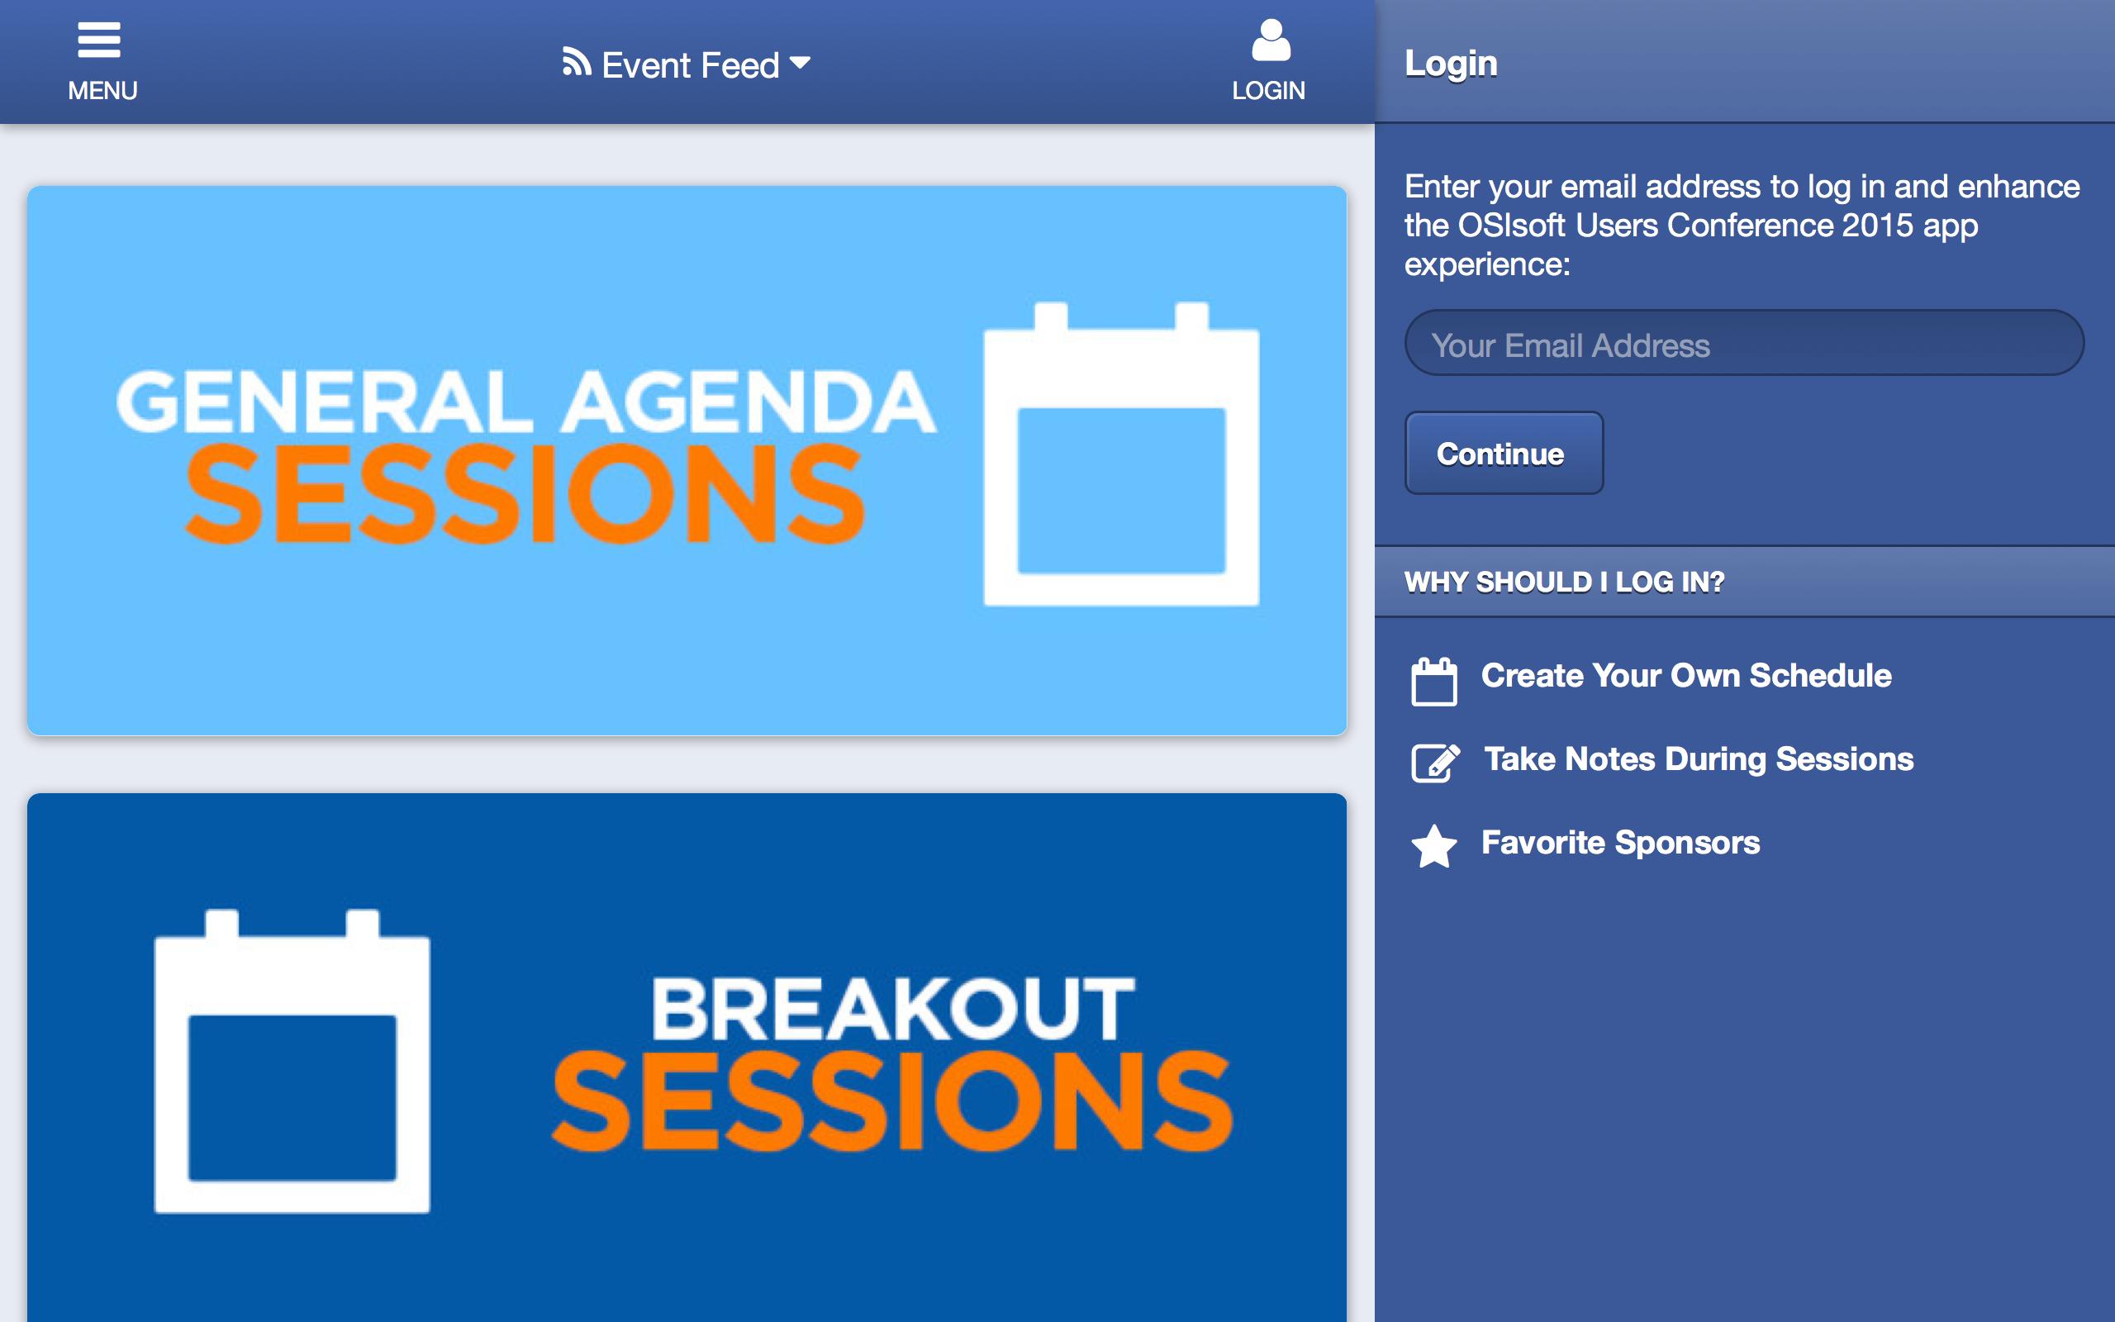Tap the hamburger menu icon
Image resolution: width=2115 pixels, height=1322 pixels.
click(x=99, y=40)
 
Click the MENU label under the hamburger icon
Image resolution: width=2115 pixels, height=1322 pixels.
click(x=102, y=91)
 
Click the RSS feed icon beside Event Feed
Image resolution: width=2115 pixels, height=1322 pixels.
click(x=577, y=62)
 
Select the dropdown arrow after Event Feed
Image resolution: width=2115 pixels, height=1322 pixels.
click(x=800, y=62)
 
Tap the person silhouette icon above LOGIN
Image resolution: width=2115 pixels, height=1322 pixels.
click(x=1271, y=40)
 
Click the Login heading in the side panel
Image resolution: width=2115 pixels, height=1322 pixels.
click(x=1451, y=63)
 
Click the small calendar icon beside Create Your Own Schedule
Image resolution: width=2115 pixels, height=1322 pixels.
click(x=1434, y=681)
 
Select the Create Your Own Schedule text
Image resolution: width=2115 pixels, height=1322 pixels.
click(x=1686, y=676)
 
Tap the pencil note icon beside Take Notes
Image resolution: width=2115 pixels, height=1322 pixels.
click(x=1435, y=763)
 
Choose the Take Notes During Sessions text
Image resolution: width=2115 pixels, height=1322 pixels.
click(x=1699, y=760)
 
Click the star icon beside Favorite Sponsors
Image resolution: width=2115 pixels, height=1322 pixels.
click(x=1434, y=846)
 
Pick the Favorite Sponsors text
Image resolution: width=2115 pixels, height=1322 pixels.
click(x=1620, y=843)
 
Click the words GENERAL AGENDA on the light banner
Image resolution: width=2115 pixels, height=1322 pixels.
click(x=526, y=402)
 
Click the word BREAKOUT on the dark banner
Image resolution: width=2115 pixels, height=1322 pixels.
click(x=893, y=1009)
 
